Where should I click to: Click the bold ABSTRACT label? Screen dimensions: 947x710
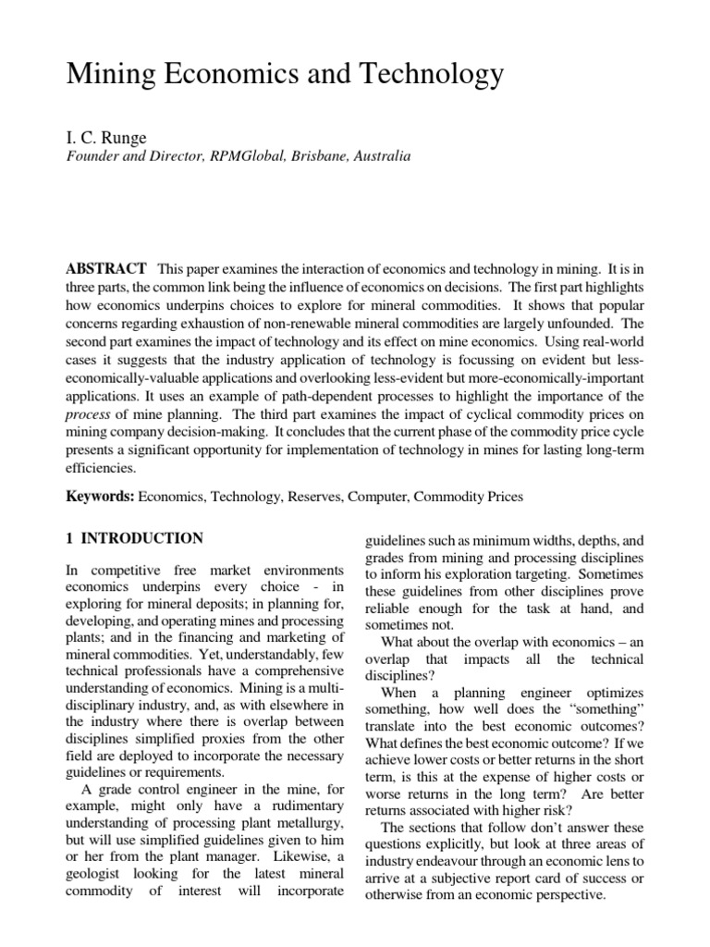[x=105, y=269]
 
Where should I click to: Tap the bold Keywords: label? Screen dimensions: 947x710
[x=100, y=497]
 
